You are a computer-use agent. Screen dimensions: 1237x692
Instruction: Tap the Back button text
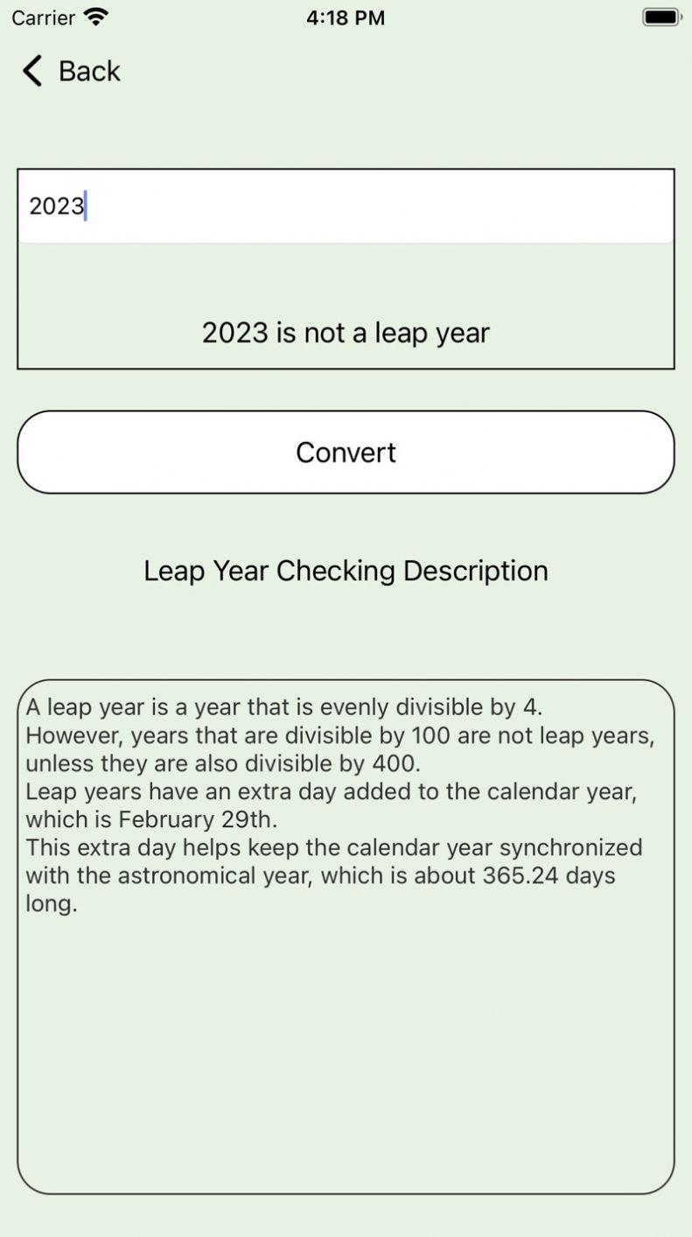[89, 71]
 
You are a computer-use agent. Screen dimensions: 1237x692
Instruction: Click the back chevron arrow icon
[32, 71]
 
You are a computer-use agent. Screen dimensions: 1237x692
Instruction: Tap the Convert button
[346, 452]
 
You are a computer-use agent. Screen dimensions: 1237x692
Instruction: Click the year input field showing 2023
[346, 207]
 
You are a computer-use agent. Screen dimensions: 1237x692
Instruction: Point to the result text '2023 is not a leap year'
[346, 333]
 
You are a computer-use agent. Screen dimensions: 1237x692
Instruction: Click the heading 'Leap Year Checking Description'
[346, 571]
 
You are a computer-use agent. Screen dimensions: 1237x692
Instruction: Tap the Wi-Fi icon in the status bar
[96, 17]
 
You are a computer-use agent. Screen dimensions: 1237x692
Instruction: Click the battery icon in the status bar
[661, 17]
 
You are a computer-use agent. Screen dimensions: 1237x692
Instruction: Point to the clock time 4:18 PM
[346, 18]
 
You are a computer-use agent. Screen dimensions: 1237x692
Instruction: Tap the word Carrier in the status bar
[43, 18]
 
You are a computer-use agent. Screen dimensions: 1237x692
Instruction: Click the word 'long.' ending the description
[51, 903]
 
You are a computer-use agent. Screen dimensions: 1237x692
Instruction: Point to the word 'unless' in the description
[59, 763]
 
